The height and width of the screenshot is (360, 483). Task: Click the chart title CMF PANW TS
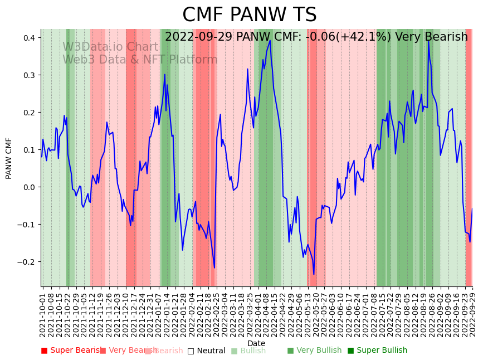point(249,15)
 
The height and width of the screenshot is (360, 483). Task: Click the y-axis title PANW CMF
point(9,158)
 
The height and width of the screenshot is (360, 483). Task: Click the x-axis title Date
point(256,343)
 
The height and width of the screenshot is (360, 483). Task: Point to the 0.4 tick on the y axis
point(29,38)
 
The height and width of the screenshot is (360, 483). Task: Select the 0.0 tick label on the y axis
point(29,187)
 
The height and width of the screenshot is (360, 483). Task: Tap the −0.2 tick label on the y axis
point(27,262)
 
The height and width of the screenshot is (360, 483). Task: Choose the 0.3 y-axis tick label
point(29,75)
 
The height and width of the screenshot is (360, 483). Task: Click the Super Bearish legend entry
point(71,351)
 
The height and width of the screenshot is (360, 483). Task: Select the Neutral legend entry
point(206,351)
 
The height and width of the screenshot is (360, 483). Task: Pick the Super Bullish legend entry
point(377,351)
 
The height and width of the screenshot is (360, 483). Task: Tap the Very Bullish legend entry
point(314,351)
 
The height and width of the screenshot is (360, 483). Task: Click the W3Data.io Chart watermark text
point(110,47)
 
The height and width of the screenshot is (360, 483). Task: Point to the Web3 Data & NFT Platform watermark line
point(140,60)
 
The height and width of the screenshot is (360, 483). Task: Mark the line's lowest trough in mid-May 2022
point(314,274)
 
